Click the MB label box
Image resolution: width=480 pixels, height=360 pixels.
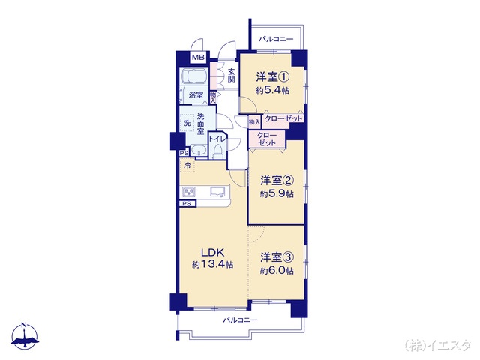198,58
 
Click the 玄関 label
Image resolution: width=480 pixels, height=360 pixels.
232,75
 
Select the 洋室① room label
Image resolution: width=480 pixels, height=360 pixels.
273,76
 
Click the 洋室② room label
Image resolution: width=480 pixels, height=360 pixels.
277,180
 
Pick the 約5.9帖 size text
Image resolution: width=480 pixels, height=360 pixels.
277,193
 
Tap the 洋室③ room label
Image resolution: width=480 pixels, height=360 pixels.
277,256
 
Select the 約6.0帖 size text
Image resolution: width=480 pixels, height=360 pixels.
277,270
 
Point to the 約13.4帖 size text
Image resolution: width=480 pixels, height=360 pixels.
212,265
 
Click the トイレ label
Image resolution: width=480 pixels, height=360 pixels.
218,139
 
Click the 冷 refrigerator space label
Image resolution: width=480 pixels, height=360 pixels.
185,166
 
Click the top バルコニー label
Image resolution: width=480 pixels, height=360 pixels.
276,38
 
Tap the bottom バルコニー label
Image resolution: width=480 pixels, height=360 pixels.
240,320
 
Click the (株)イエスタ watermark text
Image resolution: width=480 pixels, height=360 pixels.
438,345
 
